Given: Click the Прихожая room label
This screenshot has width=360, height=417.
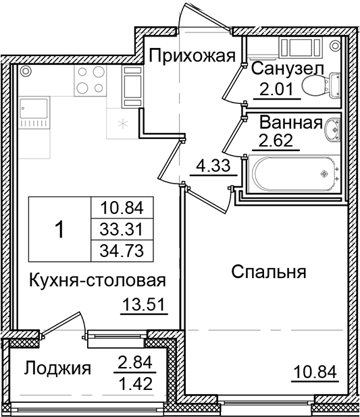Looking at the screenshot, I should (191, 56).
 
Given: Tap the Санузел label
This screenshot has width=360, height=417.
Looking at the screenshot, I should (287, 68).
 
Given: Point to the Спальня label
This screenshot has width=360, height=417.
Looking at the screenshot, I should (268, 272).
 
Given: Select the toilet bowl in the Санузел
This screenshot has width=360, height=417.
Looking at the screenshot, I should (317, 86).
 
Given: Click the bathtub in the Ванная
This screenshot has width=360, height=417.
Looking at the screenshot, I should (290, 173).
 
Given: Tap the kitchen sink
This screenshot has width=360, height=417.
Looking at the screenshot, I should (32, 111).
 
